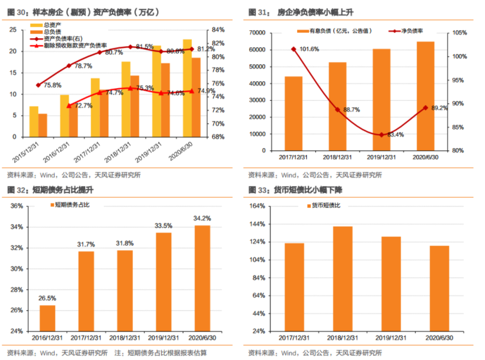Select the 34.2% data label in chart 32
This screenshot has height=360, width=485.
(x=202, y=219)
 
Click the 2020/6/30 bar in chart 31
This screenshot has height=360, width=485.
(x=425, y=96)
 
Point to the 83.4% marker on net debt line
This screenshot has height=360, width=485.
(x=381, y=135)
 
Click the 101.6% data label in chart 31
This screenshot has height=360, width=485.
(x=309, y=49)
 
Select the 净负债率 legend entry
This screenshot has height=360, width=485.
(x=411, y=31)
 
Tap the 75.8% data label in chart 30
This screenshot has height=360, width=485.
(x=52, y=85)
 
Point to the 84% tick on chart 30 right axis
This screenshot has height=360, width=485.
(x=218, y=30)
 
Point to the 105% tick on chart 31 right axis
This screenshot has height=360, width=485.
(x=459, y=33)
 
